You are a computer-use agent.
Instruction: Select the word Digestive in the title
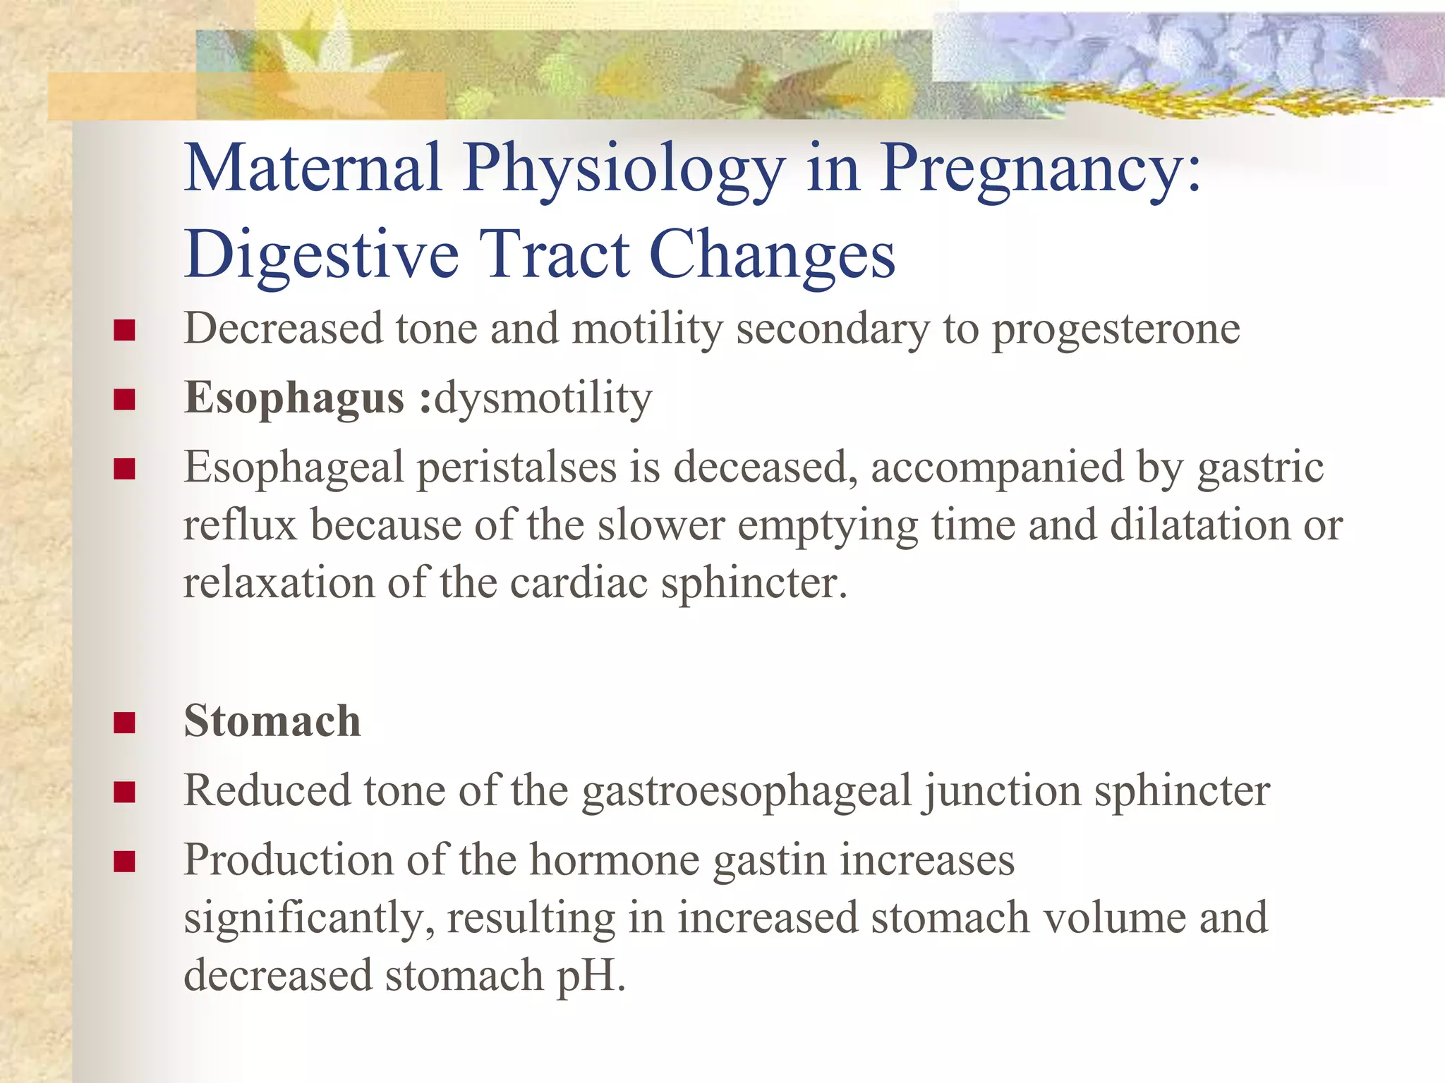(x=322, y=255)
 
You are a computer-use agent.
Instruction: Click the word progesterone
(x=1115, y=329)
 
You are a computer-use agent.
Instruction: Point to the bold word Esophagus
(x=294, y=398)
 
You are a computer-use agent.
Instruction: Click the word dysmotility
(x=543, y=398)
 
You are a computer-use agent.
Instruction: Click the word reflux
(x=240, y=526)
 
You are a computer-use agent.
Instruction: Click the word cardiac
(x=579, y=584)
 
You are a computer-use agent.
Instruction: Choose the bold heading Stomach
(x=272, y=721)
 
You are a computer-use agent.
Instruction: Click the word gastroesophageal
(x=747, y=791)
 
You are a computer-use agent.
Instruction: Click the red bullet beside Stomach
(x=124, y=723)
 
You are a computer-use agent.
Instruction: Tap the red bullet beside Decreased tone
(x=124, y=330)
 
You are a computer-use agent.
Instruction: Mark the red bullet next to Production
(x=124, y=862)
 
